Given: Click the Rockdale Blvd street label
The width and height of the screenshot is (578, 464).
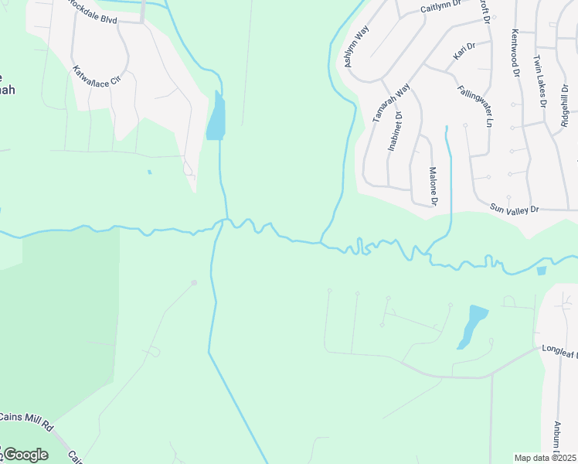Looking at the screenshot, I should (93, 12).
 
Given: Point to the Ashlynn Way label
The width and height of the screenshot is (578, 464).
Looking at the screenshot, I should (357, 46).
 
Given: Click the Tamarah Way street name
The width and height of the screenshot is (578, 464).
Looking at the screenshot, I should (389, 103).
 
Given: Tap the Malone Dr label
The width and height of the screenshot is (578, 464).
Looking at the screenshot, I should (433, 186).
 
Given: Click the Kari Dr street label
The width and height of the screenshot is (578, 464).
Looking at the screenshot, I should (464, 52).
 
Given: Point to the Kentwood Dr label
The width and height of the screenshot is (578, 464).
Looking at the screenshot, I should (515, 53).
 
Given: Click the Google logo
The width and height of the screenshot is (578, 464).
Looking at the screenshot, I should (25, 454).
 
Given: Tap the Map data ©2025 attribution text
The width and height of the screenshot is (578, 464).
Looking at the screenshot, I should (545, 457).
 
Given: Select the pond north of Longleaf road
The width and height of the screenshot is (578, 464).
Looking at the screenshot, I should (472, 325).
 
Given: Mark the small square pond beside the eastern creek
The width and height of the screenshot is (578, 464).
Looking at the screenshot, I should (541, 271).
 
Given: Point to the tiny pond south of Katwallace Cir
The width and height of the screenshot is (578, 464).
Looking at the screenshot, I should (149, 172).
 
